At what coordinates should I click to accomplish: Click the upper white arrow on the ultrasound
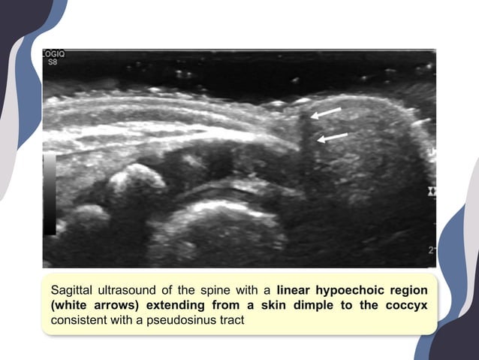tap(325, 113)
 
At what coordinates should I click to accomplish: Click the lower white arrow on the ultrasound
tap(331, 138)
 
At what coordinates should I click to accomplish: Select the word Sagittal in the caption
tap(72, 289)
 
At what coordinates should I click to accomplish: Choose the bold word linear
tap(297, 289)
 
